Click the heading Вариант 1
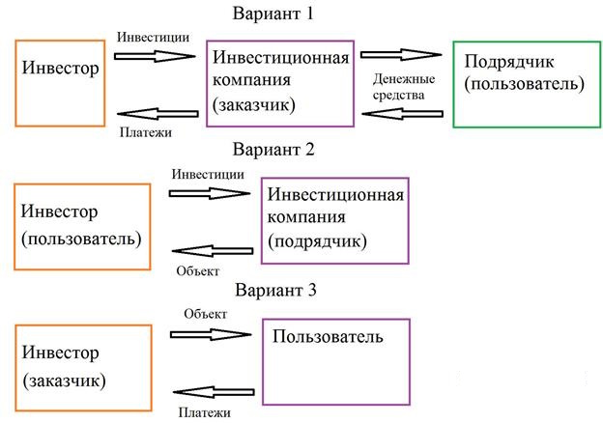pyautogui.click(x=273, y=14)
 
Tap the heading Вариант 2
pyautogui.click(x=273, y=149)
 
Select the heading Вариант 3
pyautogui.click(x=275, y=290)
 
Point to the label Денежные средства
pyautogui.click(x=404, y=87)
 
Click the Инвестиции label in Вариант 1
pyautogui.click(x=153, y=38)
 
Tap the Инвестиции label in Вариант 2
pyautogui.click(x=208, y=175)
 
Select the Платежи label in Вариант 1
pyautogui.click(x=146, y=132)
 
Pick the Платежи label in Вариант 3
pyautogui.click(x=205, y=413)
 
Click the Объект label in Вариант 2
pyautogui.click(x=198, y=271)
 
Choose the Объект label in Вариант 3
pyautogui.click(x=206, y=314)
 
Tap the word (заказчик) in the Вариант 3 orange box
pyautogui.click(x=64, y=381)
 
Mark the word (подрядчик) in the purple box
pyautogui.click(x=317, y=241)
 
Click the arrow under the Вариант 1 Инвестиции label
pyautogui.click(x=155, y=56)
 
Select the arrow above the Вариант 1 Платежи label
pyautogui.click(x=158, y=114)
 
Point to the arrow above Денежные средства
pyautogui.click(x=401, y=55)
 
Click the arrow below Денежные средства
pyautogui.click(x=403, y=114)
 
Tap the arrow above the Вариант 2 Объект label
pyautogui.click(x=213, y=251)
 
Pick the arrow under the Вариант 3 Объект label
pyautogui.click(x=211, y=335)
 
